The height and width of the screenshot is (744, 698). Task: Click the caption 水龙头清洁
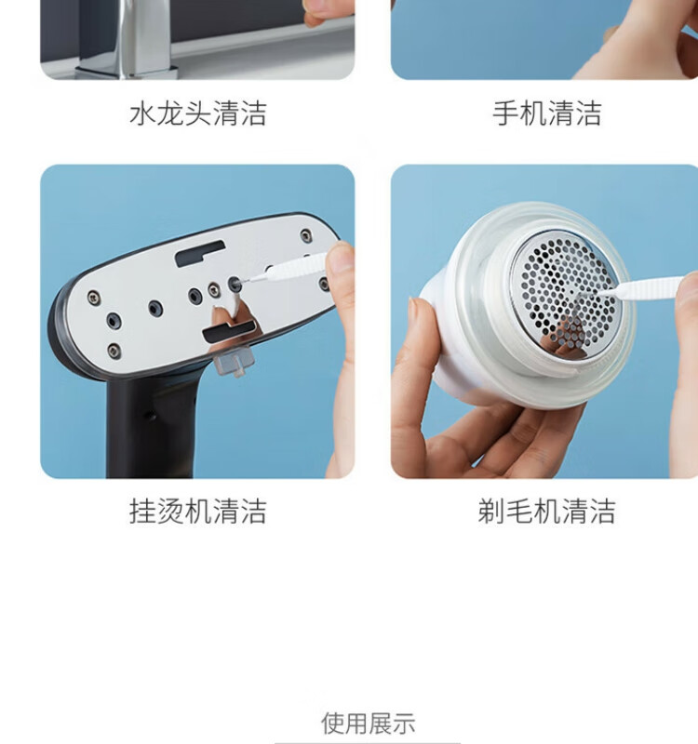198,113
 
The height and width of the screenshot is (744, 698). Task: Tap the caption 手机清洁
547,113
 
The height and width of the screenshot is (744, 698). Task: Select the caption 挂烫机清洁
198,511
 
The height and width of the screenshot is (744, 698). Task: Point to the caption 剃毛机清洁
546,511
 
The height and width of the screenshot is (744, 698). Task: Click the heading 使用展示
368,724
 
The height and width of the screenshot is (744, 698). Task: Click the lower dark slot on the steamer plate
230,330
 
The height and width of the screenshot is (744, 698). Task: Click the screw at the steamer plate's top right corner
306,235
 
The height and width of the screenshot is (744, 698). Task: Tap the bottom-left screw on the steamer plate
114,352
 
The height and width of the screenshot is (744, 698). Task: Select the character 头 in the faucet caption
198,113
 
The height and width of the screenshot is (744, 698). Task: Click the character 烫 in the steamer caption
170,511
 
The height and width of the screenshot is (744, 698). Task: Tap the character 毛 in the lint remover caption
519,511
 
